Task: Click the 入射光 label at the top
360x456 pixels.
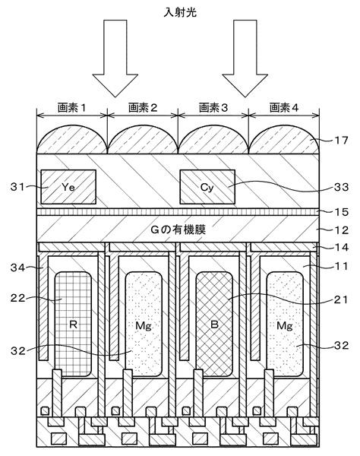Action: pos(180,12)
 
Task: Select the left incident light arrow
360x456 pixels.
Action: pos(115,59)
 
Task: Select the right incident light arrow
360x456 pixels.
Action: pos(245,59)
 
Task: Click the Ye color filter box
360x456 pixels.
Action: pos(68,187)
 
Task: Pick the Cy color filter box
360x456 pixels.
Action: pos(207,187)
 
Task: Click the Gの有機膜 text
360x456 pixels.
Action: pos(178,230)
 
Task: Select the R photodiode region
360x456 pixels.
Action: pos(73,325)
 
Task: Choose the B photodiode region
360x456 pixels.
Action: pos(214,325)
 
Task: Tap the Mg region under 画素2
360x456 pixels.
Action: pos(144,325)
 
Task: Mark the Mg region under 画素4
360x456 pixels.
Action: pos(285,325)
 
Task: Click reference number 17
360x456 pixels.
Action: pos(341,141)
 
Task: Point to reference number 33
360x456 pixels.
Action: pos(341,187)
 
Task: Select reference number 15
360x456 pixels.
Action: pos(341,212)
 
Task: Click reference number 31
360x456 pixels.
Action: pos(17,187)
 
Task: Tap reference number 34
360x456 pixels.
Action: pos(17,268)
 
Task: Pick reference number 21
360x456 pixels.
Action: pos(341,299)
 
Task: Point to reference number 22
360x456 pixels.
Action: pos(17,298)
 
